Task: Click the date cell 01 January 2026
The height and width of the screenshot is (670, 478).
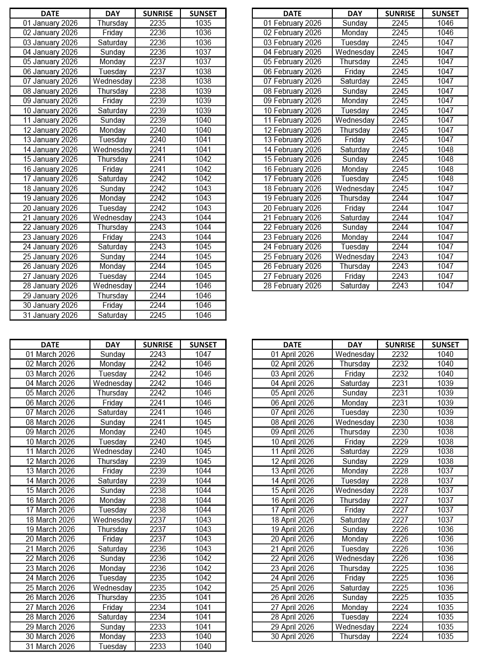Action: pos(50,23)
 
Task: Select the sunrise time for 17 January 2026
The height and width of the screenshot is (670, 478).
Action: pos(158,178)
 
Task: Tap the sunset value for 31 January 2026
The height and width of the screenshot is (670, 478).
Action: pos(203,315)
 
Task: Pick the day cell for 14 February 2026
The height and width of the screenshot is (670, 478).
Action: pos(355,149)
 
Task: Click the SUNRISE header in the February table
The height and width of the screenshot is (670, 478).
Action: pos(400,13)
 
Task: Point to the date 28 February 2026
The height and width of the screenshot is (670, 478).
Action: pos(292,286)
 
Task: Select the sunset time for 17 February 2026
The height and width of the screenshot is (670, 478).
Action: pos(445,178)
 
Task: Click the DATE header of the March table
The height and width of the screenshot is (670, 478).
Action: pos(50,345)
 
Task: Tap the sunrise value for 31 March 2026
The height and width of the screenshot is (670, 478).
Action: pos(158,646)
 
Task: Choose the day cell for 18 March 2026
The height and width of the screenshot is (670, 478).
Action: pos(112,520)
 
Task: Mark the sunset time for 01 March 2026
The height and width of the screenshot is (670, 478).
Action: pos(203,354)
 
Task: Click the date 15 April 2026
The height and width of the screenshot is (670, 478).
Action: pos(292,490)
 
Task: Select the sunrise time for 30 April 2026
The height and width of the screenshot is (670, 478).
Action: pos(400,636)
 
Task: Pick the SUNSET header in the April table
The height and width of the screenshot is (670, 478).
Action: pos(445,345)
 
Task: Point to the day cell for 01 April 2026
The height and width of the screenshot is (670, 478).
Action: pos(355,354)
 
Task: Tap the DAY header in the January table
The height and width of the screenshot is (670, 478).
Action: pos(112,13)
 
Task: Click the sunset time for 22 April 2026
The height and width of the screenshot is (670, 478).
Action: pos(445,558)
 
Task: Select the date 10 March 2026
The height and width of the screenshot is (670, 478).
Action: pos(50,442)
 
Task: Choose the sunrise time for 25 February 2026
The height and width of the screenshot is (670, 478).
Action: pos(400,256)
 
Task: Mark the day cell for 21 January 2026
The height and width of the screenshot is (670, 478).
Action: pos(112,217)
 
